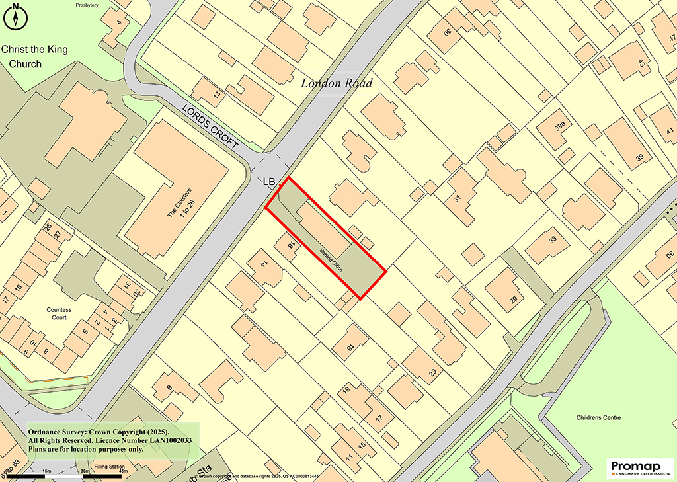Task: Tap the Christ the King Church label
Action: click(x=34, y=57)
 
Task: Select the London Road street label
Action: click(x=337, y=83)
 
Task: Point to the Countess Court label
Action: click(x=59, y=313)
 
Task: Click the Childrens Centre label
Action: click(x=598, y=417)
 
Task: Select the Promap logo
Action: click(x=640, y=467)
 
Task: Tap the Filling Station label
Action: click(x=108, y=467)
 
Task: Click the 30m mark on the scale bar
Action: click(x=85, y=470)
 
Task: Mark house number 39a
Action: click(x=561, y=126)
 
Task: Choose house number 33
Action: click(x=553, y=239)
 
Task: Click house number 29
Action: click(x=513, y=301)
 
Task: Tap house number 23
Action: click(x=432, y=373)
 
